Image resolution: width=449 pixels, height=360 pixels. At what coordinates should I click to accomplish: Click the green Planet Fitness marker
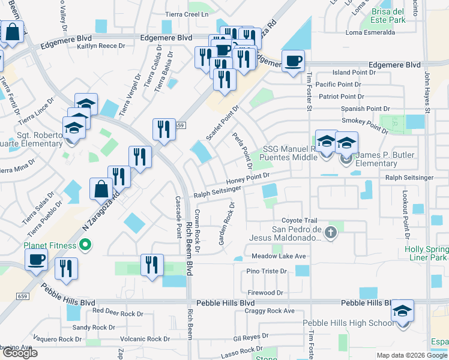pos(85,245)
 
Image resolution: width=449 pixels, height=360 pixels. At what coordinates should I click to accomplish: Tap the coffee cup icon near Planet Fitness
pos(36,259)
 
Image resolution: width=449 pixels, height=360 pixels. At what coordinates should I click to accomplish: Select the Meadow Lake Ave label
pos(279,256)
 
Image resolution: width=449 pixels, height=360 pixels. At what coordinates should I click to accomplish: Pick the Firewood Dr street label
pos(265,293)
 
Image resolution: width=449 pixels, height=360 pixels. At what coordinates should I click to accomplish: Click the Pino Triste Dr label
pos(267,271)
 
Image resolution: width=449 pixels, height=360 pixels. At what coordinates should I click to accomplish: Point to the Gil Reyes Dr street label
pos(252,337)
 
